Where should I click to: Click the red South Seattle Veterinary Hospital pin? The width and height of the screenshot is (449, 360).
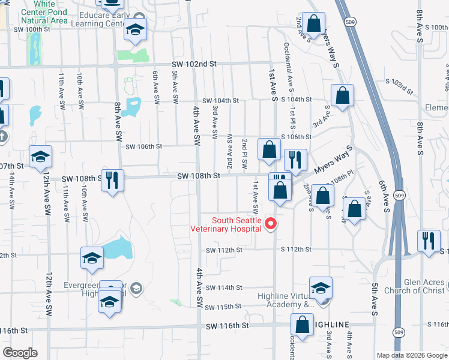coord(271,224)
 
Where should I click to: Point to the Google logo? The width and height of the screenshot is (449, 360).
coord(20,352)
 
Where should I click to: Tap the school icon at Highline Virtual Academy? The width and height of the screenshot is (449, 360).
coord(321,287)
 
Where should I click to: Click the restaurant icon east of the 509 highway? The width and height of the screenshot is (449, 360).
coord(429,241)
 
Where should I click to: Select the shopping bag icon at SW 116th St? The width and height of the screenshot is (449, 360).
coord(301,325)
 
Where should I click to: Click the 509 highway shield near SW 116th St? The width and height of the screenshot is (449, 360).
coord(399,331)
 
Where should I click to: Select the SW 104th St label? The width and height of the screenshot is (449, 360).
coord(220,100)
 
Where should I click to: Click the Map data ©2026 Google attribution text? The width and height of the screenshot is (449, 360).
coord(412,355)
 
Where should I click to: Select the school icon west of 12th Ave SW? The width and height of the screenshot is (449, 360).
coord(41,157)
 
